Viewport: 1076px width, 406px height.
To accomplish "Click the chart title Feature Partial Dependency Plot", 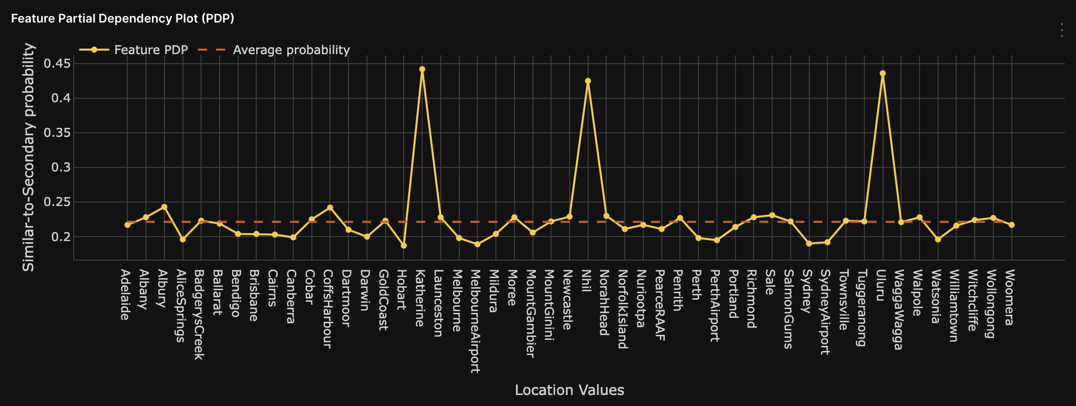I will (122, 19).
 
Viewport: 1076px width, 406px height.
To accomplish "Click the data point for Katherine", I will (422, 69).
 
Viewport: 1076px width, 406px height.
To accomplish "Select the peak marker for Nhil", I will (588, 81).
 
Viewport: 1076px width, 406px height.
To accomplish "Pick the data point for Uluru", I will (883, 73).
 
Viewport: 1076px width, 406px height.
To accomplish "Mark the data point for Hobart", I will (404, 246).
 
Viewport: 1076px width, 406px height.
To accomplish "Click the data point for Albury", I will (164, 207).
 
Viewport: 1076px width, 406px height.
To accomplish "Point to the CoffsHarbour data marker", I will (330, 208).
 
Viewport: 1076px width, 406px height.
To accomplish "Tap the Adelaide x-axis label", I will (126, 295).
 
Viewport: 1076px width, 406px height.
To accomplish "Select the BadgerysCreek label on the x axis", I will (199, 315).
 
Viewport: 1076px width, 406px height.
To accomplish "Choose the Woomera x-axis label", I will (1010, 297).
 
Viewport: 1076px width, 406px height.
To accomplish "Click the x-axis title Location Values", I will (569, 390).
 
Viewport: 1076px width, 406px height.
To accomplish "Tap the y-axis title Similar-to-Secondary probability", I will (29, 157).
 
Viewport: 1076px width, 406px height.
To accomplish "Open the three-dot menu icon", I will (1061, 30).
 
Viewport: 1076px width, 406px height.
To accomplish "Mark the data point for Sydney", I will (809, 244).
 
